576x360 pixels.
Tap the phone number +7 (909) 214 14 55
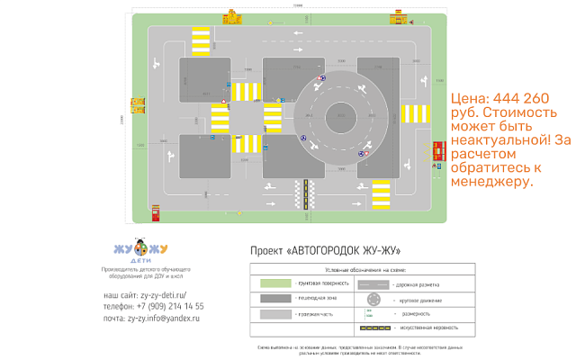(154, 306)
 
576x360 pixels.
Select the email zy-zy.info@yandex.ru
(151, 318)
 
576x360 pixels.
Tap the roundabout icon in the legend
(374, 299)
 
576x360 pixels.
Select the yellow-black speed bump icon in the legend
(374, 328)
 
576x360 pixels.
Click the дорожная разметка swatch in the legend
(374, 283)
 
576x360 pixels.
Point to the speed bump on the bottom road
(305, 190)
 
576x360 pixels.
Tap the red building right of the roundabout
(438, 150)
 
